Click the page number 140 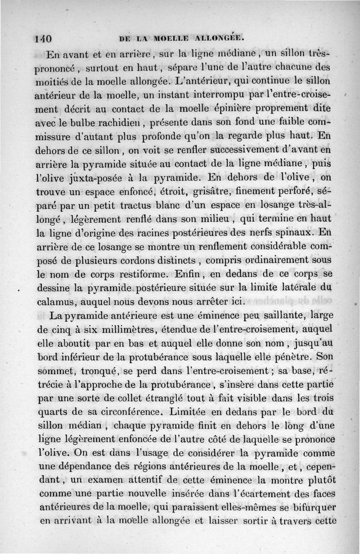click(x=44, y=38)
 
